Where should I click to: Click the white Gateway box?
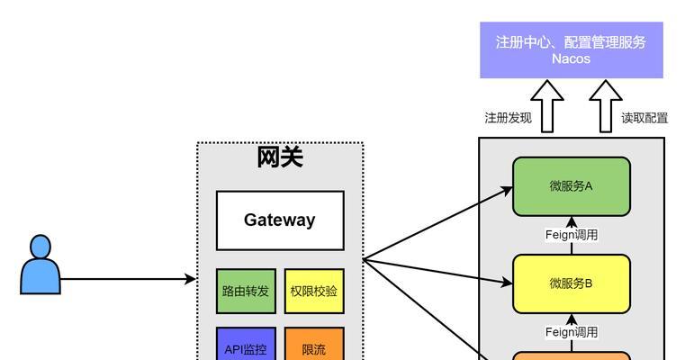tap(280, 220)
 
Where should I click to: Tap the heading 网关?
tap(280, 157)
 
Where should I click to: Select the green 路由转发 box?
tap(246, 291)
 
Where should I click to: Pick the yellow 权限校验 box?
tap(314, 291)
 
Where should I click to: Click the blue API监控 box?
tap(246, 344)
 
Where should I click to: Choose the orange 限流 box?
tap(314, 344)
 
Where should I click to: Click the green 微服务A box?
tap(572, 186)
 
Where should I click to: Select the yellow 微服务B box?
tap(572, 283)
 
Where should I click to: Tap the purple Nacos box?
tap(572, 50)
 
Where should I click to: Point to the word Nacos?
tap(571, 58)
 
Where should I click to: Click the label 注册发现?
tap(508, 118)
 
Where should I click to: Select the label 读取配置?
tap(644, 118)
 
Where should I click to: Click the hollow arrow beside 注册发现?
tap(547, 106)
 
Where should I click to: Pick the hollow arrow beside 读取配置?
tap(606, 106)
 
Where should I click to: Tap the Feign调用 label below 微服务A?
tap(572, 235)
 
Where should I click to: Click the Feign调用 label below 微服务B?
tap(572, 332)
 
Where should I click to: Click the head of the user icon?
tap(41, 247)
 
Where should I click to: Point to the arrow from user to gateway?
tap(128, 279)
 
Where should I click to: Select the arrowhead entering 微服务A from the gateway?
tap(507, 191)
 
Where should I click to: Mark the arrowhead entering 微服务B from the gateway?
tap(507, 282)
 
